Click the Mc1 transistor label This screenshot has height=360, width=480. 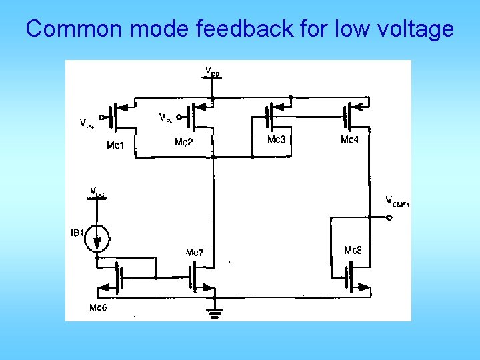click(115, 145)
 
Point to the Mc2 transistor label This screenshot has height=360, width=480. click(183, 142)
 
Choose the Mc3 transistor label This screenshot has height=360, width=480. click(276, 139)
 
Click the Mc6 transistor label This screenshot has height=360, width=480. click(99, 307)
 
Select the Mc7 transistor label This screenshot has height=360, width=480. click(195, 253)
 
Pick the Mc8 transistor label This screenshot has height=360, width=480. click(353, 251)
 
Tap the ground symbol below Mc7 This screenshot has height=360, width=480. click(214, 313)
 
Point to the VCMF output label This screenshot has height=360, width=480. click(397, 201)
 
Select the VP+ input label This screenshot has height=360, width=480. click(87, 123)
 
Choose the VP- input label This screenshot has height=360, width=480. click(165, 117)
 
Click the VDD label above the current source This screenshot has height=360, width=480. click(97, 192)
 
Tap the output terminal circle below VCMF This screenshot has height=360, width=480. click(388, 217)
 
